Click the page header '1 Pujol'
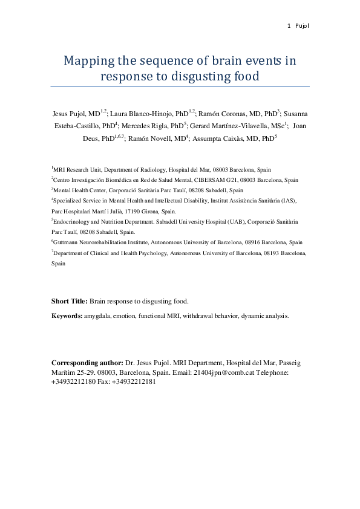click(x=299, y=25)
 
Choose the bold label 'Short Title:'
click(x=70, y=301)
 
